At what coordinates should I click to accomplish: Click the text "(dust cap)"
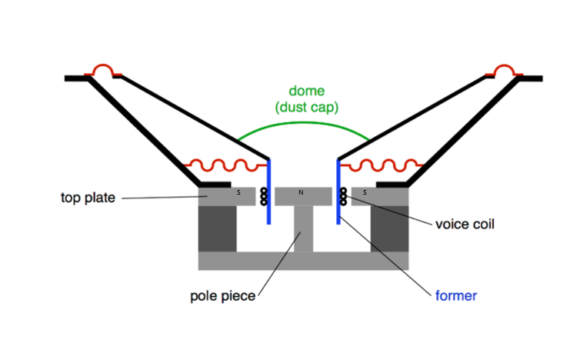[306, 108]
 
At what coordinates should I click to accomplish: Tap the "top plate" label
[88, 198]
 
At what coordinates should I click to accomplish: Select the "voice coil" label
[465, 225]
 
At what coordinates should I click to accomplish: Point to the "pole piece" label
[222, 295]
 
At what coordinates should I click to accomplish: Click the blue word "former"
[455, 295]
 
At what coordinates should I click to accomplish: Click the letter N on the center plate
[301, 192]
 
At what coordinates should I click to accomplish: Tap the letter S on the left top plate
[238, 192]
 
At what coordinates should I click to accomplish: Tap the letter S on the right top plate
[364, 192]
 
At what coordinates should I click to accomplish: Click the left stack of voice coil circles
[263, 196]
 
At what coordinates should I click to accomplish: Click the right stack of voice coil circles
[344, 196]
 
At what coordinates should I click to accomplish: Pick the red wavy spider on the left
[223, 165]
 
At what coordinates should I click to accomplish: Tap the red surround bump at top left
[103, 72]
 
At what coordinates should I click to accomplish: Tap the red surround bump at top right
[505, 72]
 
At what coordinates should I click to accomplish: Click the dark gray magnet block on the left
[217, 228]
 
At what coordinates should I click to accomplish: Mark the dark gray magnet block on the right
[390, 228]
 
